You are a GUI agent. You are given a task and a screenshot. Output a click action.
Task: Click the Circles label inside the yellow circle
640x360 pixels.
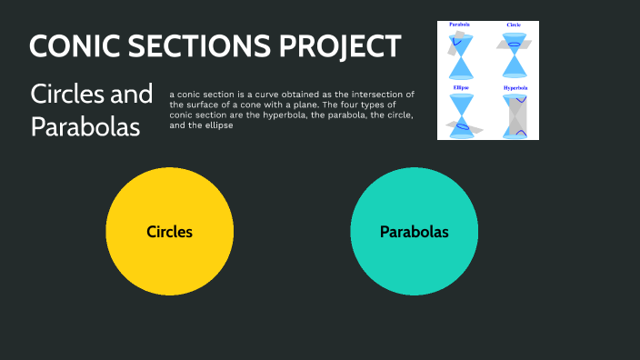[x=170, y=232]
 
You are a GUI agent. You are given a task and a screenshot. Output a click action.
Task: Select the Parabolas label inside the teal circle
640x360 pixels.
[x=415, y=232]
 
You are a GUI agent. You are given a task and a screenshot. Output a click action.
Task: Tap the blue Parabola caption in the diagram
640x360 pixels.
[x=459, y=25]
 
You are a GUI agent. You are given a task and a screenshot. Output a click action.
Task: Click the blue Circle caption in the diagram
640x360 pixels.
[x=515, y=25]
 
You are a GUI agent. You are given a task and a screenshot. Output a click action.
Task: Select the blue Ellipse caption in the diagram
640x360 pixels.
[x=460, y=87]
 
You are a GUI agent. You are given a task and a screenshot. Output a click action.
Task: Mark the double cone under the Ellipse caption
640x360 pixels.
[x=461, y=115]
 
